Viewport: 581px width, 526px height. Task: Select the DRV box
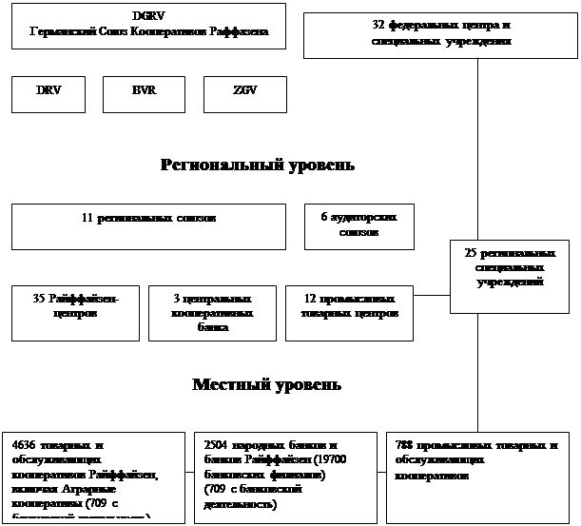tap(48, 94)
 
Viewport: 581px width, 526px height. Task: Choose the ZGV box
tap(244, 94)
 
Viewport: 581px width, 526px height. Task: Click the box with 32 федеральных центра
tap(441, 35)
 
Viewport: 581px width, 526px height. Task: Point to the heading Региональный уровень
tap(258, 166)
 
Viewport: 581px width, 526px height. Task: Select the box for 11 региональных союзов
tap(148, 226)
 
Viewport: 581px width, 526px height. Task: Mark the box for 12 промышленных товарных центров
tap(349, 313)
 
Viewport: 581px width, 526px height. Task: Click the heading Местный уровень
tap(266, 385)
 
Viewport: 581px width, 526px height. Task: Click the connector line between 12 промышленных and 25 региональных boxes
tap(432, 296)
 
